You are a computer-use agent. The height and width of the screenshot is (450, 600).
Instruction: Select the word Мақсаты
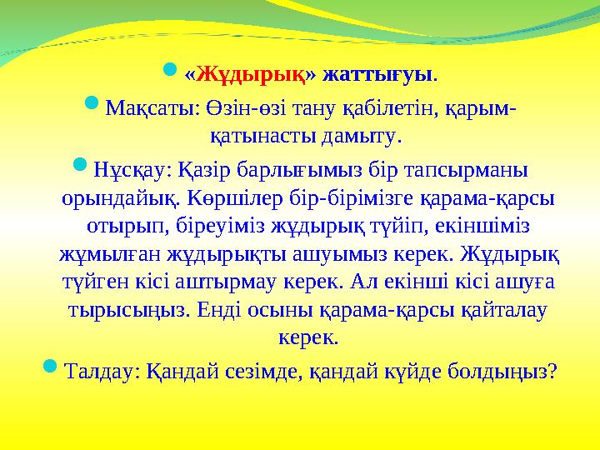coord(139,108)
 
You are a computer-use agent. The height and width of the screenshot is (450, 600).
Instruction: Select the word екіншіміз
coord(482,227)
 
